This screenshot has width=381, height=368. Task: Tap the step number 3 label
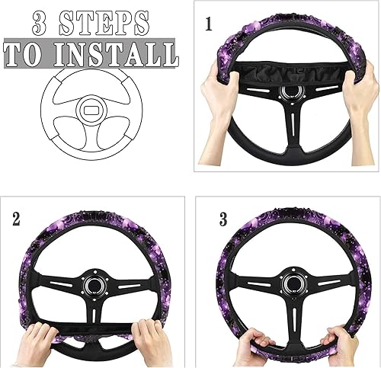223,220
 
